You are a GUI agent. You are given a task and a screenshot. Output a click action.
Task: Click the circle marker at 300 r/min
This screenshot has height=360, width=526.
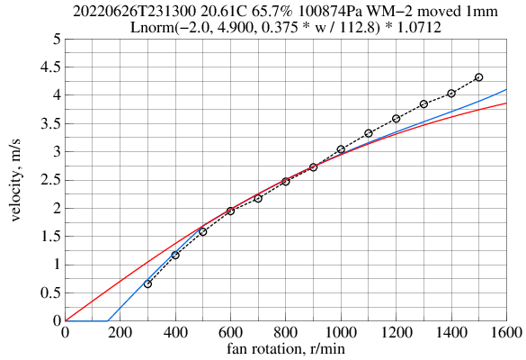(x=147, y=283)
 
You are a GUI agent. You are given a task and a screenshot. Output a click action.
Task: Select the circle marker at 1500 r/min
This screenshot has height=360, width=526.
(x=478, y=77)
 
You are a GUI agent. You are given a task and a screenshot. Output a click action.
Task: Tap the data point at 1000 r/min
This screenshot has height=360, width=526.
(x=341, y=149)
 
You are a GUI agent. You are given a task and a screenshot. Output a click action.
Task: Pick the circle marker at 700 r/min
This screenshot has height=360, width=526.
(x=258, y=198)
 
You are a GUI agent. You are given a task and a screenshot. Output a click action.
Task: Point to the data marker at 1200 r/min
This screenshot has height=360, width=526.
(x=396, y=119)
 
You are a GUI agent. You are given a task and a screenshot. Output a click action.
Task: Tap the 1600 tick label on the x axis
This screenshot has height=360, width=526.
(x=506, y=333)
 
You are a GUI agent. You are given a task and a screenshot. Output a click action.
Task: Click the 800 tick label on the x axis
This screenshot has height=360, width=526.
(x=285, y=333)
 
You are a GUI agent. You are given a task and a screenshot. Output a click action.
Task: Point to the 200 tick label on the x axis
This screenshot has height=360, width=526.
(x=120, y=333)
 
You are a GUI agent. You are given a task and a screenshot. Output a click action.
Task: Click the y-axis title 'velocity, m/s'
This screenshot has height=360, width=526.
(x=19, y=180)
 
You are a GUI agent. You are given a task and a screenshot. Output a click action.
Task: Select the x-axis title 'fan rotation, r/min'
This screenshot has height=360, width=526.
(x=285, y=349)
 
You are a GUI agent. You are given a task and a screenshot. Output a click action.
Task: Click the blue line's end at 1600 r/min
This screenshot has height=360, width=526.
(x=506, y=89)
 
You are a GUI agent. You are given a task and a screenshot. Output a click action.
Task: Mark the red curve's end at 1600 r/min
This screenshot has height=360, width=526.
(x=506, y=103)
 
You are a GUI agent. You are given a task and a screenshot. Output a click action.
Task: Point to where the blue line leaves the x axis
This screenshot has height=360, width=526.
(x=107, y=320)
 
